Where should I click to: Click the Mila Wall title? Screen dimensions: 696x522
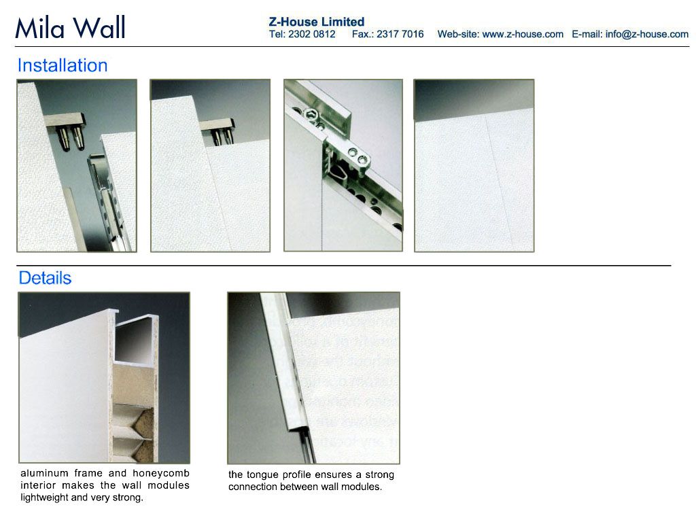click(70, 27)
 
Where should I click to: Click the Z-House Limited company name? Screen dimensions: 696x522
click(317, 22)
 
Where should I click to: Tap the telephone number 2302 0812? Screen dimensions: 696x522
click(311, 34)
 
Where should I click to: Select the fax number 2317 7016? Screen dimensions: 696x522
click(400, 34)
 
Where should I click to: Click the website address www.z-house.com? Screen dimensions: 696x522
click(523, 34)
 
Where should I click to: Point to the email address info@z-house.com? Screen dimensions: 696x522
click(647, 34)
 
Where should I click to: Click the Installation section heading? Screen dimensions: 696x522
click(63, 65)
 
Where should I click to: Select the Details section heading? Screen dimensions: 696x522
click(45, 278)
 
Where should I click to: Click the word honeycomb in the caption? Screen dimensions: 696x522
click(161, 473)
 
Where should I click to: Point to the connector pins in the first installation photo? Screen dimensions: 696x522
click(71, 138)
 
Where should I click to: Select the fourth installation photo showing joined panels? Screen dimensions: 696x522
click(474, 166)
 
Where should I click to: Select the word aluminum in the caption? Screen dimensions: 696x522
click(44, 473)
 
